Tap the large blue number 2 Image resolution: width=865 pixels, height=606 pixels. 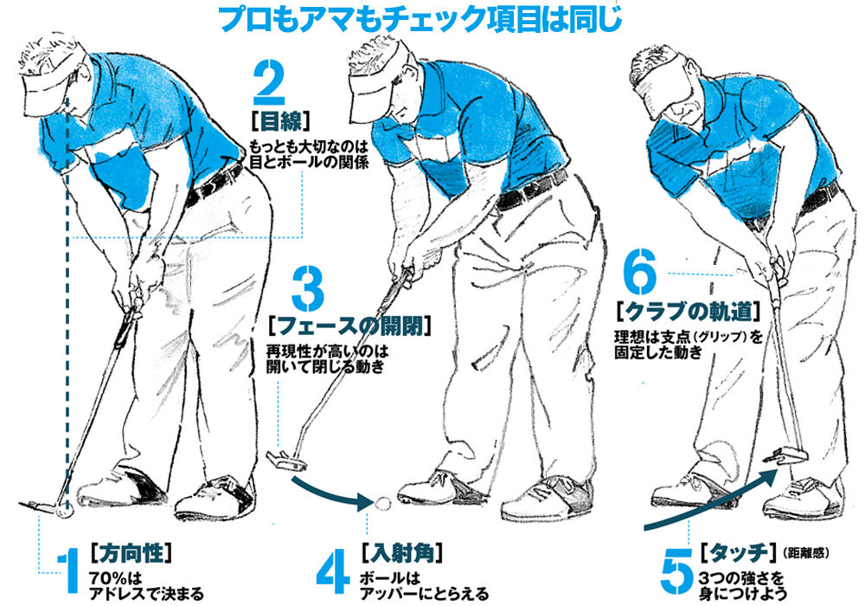(270, 83)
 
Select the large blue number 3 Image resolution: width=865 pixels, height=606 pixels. (308, 287)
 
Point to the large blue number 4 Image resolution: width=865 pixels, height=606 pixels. (333, 571)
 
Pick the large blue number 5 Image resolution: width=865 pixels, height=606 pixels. (677, 571)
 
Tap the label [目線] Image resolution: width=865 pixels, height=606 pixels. (280, 121)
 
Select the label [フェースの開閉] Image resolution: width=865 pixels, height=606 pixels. (349, 326)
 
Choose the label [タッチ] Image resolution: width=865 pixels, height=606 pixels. (740, 552)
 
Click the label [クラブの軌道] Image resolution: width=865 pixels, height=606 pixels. (688, 313)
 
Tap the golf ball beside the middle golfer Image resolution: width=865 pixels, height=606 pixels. (382, 503)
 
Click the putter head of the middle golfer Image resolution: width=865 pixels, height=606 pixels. (285, 461)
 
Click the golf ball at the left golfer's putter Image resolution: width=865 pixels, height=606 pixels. (65, 512)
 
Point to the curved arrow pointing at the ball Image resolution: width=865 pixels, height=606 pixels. (329, 494)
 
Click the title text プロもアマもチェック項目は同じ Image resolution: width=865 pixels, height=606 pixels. (420, 18)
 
